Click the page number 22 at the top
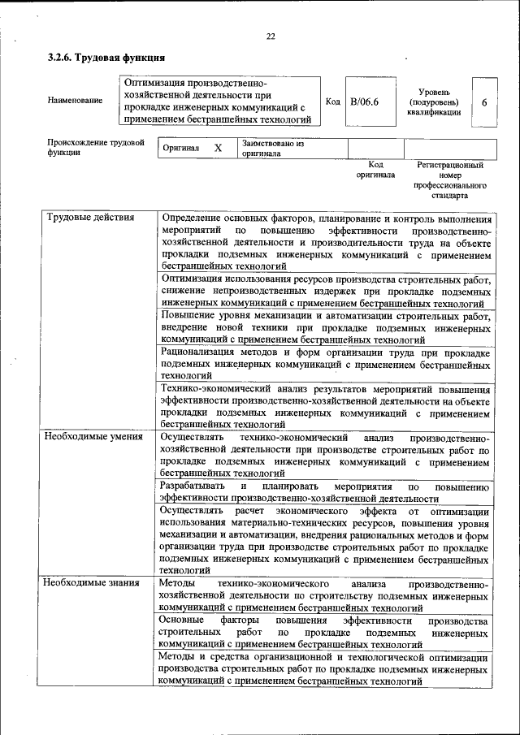[x=271, y=36]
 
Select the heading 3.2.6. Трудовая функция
[x=106, y=58]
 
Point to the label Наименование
[x=75, y=101]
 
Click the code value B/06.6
[x=365, y=102]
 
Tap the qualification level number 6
[x=484, y=102]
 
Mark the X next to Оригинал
[x=218, y=149]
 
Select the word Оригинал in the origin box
[x=181, y=149]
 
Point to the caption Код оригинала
[x=375, y=169]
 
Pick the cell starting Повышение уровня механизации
[x=325, y=327]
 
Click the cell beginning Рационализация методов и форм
[x=325, y=364]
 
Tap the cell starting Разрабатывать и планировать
[x=325, y=492]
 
